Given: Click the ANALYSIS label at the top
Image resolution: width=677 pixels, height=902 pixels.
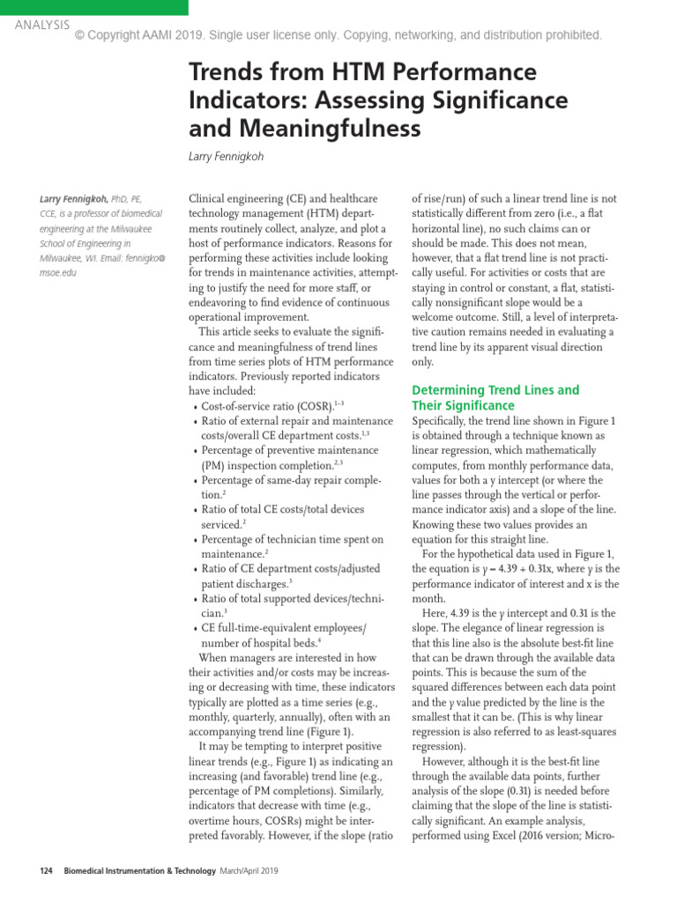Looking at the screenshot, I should pos(41,25).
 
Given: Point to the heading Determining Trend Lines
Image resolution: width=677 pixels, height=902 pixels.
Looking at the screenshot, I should pos(495,389).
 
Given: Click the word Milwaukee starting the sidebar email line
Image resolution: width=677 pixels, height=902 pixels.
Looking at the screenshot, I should pos(65,258).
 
